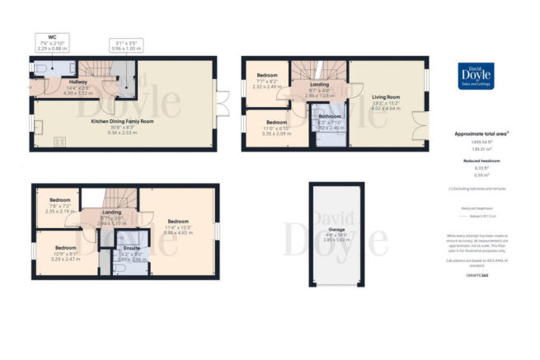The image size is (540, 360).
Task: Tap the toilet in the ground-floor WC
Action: pyautogui.click(x=72, y=70)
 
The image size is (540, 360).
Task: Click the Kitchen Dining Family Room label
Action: pyautogui.click(x=124, y=121)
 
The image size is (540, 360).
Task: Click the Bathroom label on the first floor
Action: pyautogui.click(x=331, y=117)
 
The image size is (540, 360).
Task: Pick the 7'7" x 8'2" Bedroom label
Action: pyautogui.click(x=268, y=76)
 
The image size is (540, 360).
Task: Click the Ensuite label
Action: pyautogui.click(x=132, y=248)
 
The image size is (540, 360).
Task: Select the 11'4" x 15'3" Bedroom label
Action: pyautogui.click(x=179, y=221)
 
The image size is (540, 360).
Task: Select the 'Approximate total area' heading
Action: pyautogui.click(x=481, y=133)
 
